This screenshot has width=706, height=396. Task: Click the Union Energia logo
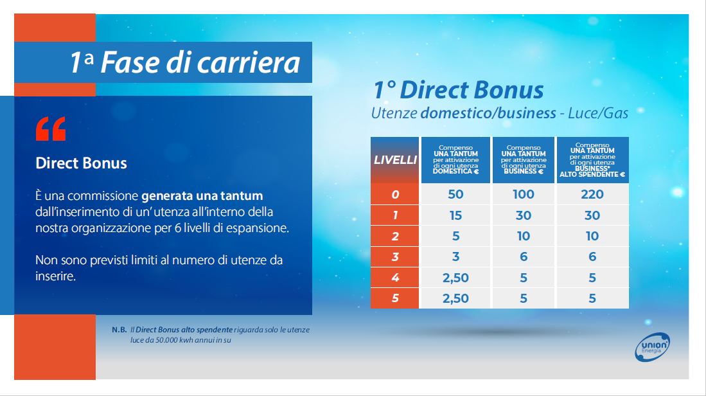(653, 347)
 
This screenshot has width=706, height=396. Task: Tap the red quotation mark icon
(51, 129)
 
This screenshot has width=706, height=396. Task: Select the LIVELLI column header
(395, 160)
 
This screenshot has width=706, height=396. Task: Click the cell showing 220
(592, 194)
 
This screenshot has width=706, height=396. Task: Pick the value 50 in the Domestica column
(455, 194)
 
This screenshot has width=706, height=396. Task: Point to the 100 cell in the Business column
(523, 194)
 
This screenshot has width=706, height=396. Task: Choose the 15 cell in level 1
(455, 215)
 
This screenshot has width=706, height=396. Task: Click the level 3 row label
(395, 256)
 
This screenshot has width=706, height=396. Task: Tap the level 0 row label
(395, 194)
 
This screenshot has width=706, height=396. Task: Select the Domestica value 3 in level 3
(455, 256)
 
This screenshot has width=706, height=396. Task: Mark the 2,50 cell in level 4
(455, 278)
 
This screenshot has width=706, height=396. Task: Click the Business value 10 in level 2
(523, 236)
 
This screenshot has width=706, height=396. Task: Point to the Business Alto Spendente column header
(592, 160)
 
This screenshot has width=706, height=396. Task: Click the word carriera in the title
(249, 62)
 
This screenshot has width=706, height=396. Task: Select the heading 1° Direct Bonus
(459, 89)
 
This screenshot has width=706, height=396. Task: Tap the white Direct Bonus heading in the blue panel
(81, 163)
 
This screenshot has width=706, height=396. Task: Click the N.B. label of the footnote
(119, 330)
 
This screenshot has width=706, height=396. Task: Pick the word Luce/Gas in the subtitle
(598, 113)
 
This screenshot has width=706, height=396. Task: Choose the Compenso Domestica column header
(455, 160)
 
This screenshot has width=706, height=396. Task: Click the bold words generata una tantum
(202, 196)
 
